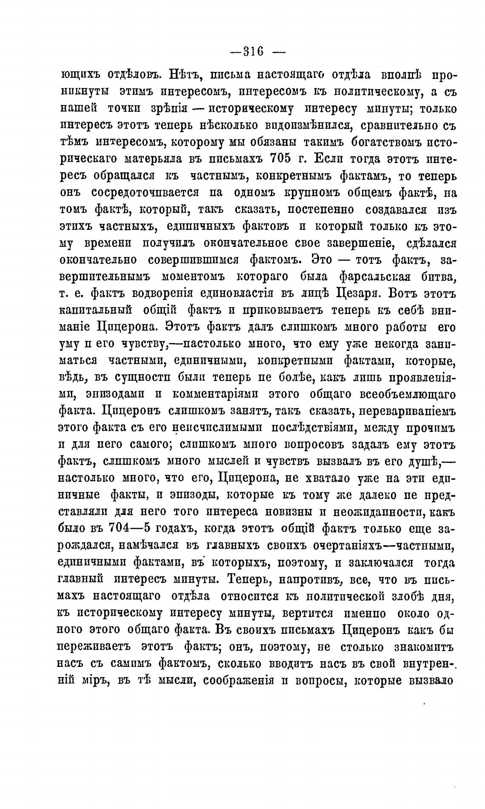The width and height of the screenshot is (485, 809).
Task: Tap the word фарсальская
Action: (x=374, y=277)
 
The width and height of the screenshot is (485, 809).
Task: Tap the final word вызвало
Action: (x=432, y=680)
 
